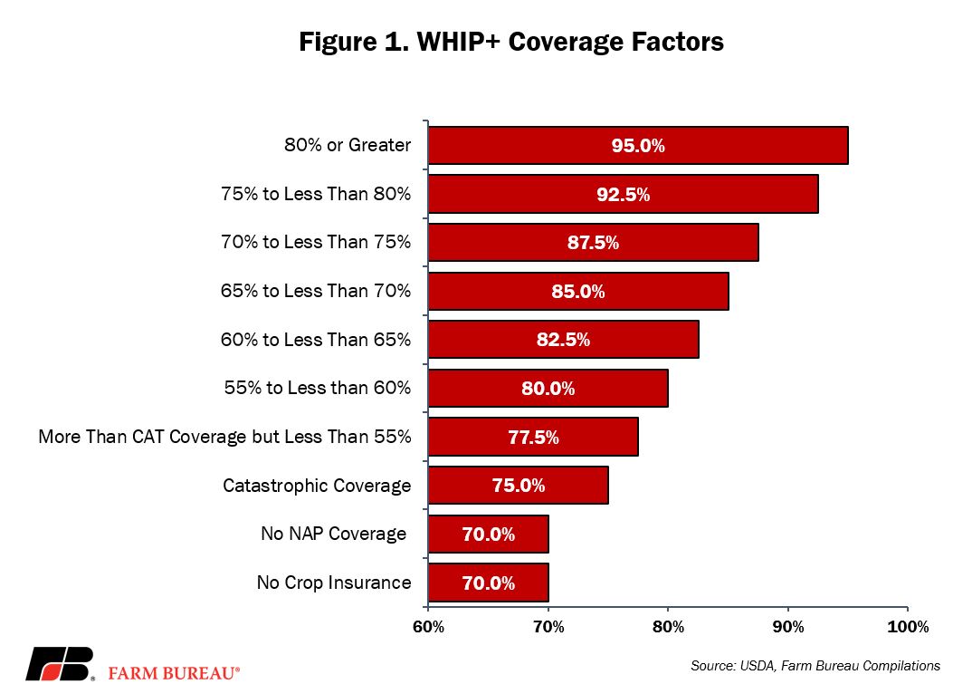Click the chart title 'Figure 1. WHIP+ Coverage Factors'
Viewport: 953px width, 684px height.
(x=511, y=42)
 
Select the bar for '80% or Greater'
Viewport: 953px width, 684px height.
(x=638, y=146)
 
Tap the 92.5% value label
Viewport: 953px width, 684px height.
(x=623, y=195)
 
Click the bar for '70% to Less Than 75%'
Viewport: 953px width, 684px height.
(x=593, y=242)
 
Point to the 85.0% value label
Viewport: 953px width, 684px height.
(x=578, y=292)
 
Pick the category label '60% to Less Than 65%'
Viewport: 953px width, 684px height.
(x=316, y=340)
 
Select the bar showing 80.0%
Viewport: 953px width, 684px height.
(x=548, y=389)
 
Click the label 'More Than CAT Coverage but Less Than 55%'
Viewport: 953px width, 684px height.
(x=224, y=437)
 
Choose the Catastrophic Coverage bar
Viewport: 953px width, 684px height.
(x=519, y=485)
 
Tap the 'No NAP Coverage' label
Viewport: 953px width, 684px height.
(x=334, y=534)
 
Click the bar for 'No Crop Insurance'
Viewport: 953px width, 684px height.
(x=489, y=583)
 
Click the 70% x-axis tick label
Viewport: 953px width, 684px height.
(x=548, y=627)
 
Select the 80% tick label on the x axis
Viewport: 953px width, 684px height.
(x=668, y=627)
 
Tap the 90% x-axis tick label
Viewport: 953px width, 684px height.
(x=788, y=627)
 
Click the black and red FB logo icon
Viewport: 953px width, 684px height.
(x=60, y=664)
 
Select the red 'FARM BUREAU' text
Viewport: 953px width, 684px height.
(x=174, y=673)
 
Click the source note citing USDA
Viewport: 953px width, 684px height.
(x=815, y=666)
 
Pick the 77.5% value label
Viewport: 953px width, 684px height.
(x=533, y=437)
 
